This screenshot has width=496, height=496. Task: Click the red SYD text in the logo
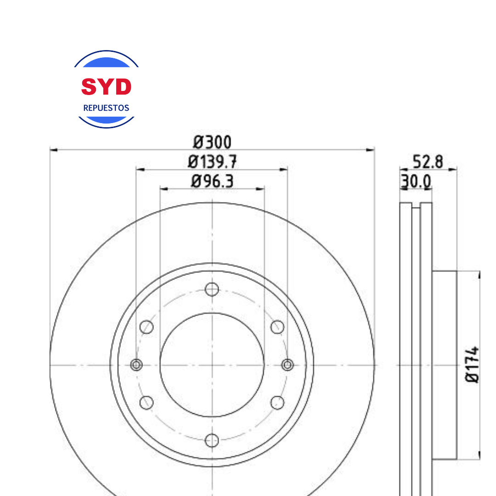click(106, 87)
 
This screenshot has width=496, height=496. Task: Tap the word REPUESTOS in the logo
click(106, 108)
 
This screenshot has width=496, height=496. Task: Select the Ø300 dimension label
click(212, 142)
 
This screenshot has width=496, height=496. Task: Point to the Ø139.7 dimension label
click(212, 162)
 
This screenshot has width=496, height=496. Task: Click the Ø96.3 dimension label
click(212, 181)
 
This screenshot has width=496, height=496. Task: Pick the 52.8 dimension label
click(428, 162)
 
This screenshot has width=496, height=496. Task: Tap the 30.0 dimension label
click(416, 181)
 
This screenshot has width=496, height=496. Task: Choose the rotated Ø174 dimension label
click(472, 364)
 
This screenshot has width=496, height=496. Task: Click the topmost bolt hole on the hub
click(212, 289)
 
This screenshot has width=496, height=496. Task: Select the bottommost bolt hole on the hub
click(212, 440)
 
